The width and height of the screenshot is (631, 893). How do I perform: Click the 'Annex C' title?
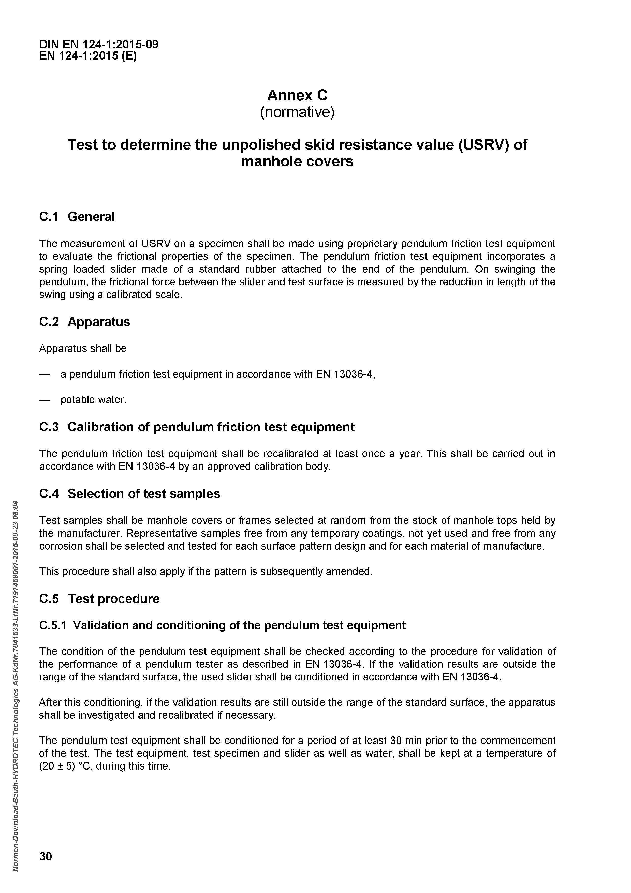tap(297, 95)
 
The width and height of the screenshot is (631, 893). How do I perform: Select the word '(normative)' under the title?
tap(297, 113)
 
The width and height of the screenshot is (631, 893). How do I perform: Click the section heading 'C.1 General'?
tap(77, 217)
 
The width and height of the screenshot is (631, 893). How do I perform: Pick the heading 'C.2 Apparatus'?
tap(85, 322)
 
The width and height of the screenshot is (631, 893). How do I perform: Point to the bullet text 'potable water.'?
tap(94, 400)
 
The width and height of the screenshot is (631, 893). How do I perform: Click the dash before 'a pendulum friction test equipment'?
tap(45, 374)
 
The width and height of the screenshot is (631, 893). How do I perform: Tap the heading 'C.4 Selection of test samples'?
tap(130, 494)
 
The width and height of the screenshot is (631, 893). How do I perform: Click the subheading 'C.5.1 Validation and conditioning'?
tap(223, 625)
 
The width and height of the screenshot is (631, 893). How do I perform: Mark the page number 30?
tap(46, 856)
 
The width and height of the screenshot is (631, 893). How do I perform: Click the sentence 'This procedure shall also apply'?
tap(206, 572)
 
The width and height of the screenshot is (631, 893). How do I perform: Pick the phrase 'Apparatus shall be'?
tap(83, 348)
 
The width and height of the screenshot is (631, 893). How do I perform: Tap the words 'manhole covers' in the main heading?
tap(297, 161)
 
